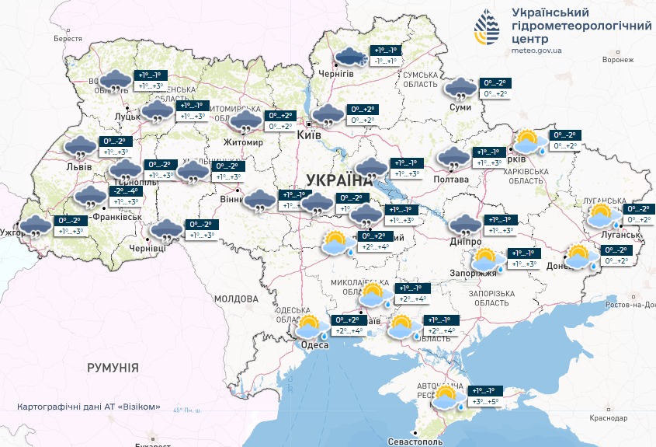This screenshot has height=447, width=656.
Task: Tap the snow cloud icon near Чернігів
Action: coord(351,57)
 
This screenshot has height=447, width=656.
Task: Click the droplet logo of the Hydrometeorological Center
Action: coord(489,28)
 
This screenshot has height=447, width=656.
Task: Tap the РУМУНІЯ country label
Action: coord(113,367)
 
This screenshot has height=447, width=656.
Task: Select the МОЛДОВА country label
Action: coord(235,299)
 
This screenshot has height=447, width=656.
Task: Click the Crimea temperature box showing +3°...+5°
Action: coord(482,402)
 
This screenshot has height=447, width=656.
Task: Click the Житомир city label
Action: coord(244,142)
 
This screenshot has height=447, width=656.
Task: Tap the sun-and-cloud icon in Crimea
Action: coord(446,398)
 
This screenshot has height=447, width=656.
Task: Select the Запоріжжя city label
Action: coord(473,273)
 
